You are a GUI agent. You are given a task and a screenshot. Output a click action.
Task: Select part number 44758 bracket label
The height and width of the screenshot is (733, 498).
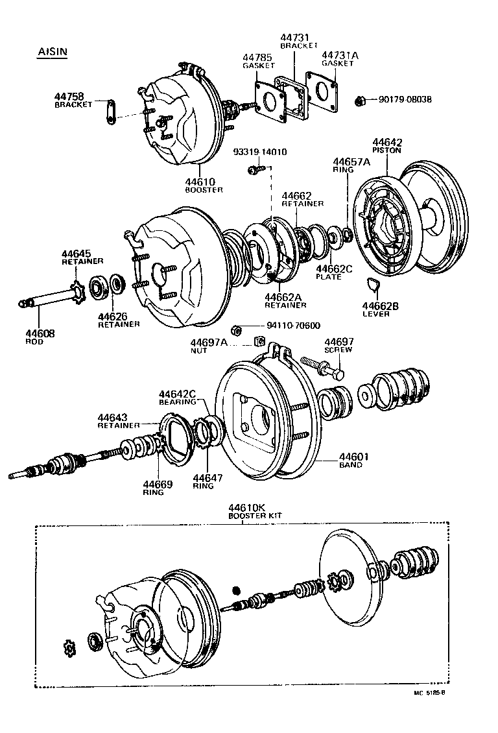(73, 101)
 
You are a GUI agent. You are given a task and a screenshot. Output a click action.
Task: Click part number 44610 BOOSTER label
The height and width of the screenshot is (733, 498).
(204, 186)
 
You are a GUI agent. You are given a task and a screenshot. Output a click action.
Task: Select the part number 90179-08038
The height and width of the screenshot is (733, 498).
(401, 99)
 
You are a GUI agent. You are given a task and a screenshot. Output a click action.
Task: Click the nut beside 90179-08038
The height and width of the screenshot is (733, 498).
(360, 100)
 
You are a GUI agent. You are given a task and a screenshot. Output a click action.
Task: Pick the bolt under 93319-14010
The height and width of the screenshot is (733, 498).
(254, 170)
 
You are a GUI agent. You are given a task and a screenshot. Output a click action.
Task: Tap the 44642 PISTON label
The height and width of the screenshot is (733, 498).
(386, 146)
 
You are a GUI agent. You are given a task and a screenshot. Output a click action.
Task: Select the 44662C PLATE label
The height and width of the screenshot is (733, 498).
(333, 272)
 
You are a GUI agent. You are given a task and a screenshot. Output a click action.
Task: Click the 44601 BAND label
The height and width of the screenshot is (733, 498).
(354, 460)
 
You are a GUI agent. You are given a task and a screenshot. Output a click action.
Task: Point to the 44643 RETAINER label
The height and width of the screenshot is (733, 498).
(118, 421)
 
